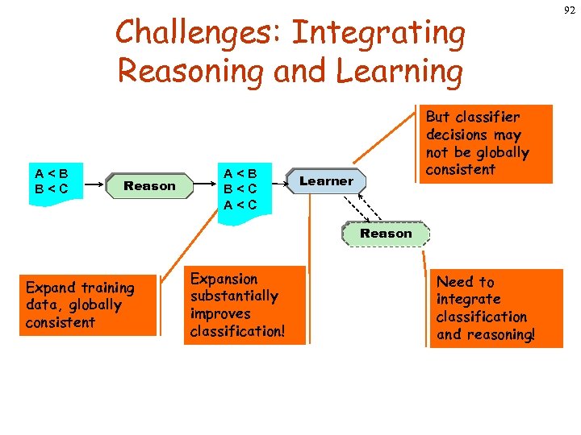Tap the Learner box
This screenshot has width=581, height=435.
[x=326, y=181]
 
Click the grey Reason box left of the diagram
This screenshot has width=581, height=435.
[x=149, y=186]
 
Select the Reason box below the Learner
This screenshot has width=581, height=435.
[x=386, y=234]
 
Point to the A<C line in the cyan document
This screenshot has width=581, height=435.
[x=240, y=205]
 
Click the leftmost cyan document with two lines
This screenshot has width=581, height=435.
[x=51, y=180]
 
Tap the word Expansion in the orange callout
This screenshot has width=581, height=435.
[x=224, y=280]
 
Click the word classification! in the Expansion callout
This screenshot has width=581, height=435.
[x=238, y=331]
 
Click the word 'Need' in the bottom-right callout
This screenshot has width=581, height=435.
[x=454, y=282]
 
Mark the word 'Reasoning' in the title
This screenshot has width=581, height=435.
[x=191, y=71]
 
